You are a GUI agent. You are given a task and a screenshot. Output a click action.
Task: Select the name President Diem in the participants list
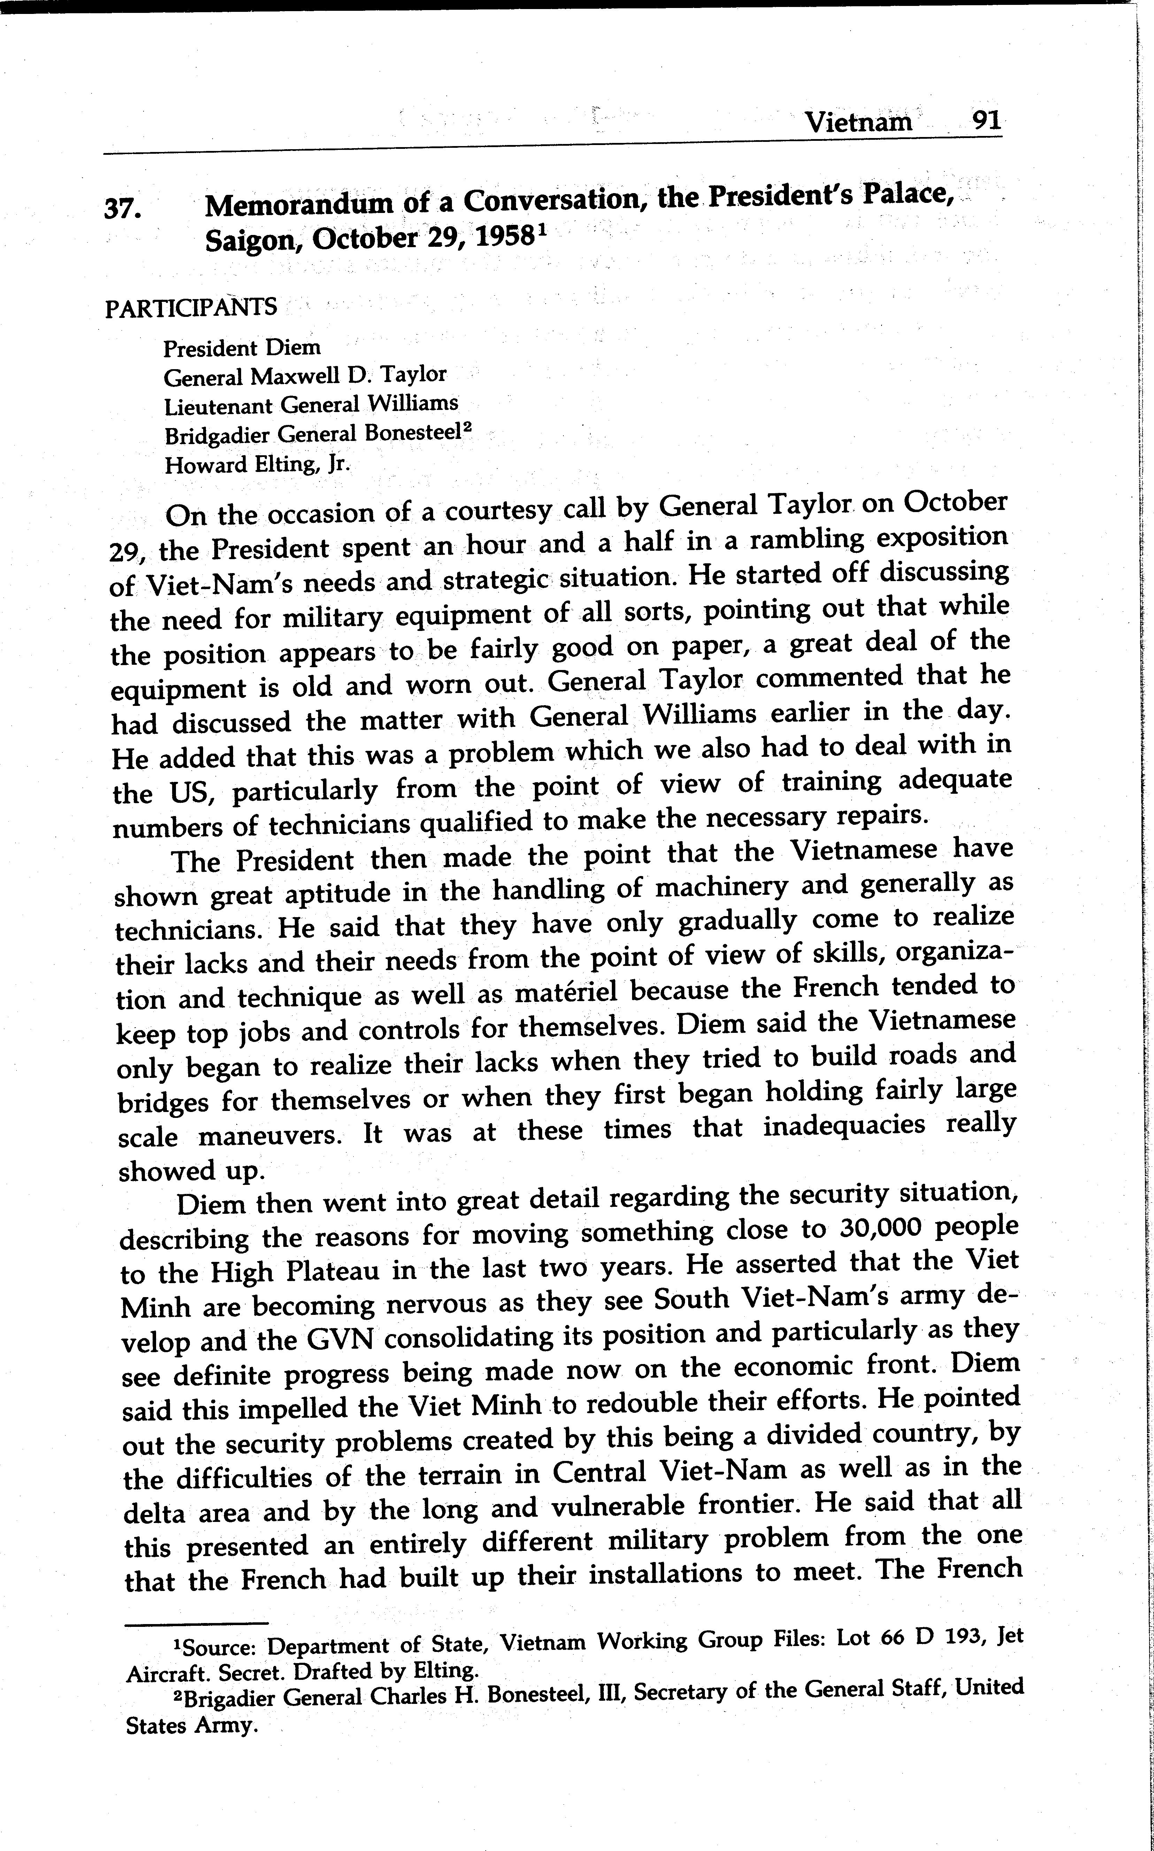[x=242, y=348]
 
